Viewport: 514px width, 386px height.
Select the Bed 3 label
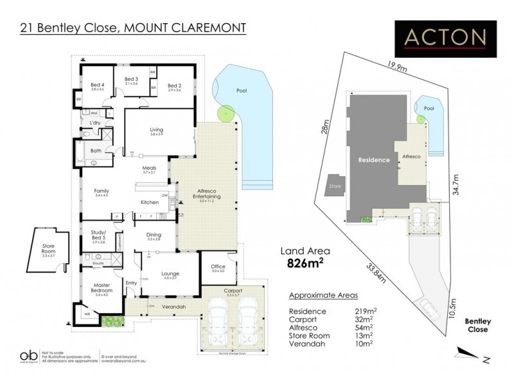coord(132,80)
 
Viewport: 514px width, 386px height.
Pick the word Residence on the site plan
coord(374,160)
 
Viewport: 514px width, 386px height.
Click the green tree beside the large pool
coord(224,113)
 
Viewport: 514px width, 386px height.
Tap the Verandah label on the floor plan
coord(173,306)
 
